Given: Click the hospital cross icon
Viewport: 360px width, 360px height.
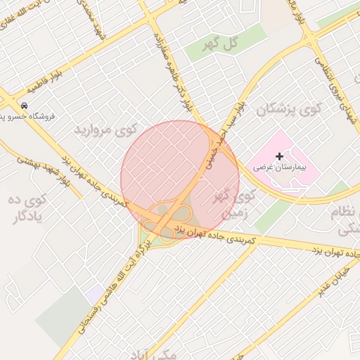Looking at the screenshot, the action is (280, 155).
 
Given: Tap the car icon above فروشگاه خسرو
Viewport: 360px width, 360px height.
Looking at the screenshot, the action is (25, 105).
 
